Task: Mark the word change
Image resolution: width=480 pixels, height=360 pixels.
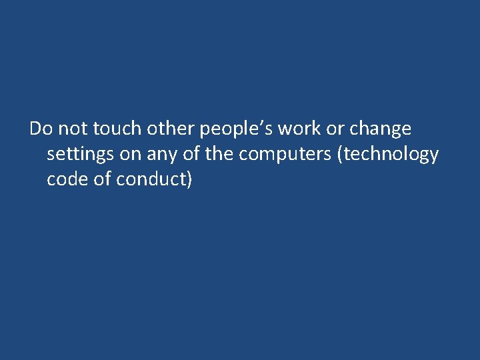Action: click(x=381, y=129)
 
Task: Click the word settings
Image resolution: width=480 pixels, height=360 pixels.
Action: click(x=79, y=155)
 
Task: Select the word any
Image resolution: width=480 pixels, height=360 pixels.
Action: click(x=163, y=155)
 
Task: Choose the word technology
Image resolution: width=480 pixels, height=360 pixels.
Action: click(x=393, y=155)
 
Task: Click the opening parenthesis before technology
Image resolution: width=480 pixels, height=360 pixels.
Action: click(x=342, y=155)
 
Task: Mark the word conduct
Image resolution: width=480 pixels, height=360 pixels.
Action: click(x=151, y=179)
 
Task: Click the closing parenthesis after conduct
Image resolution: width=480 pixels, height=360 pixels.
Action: click(x=189, y=180)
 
